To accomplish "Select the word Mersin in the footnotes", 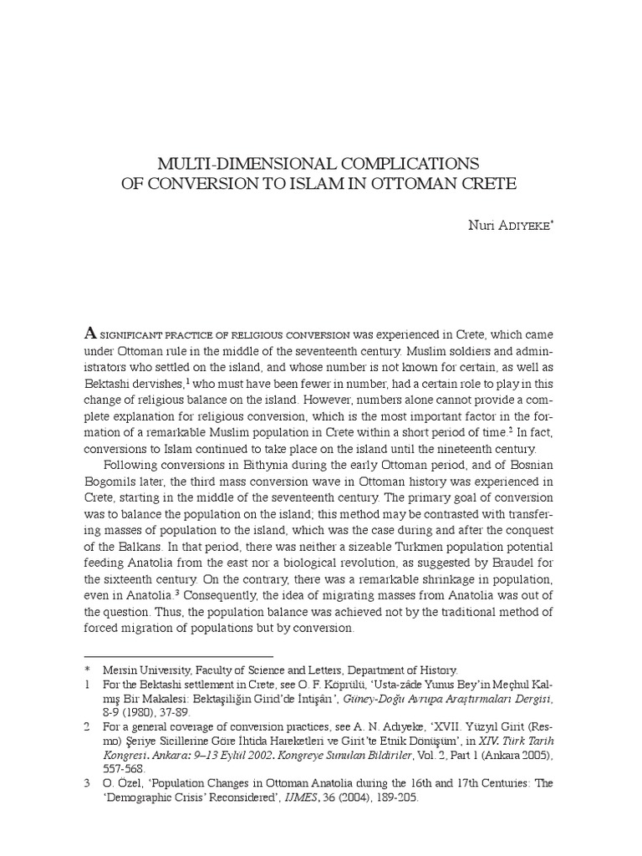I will (x=120, y=670).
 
